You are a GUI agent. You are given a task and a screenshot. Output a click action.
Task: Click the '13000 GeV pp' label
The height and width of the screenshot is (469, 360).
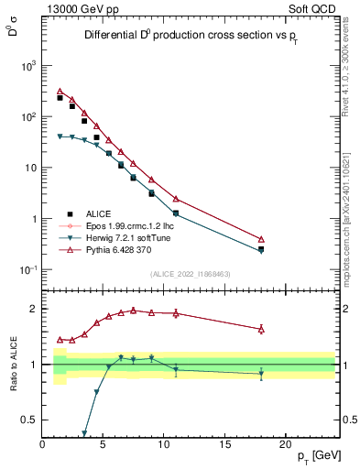(x=81, y=8)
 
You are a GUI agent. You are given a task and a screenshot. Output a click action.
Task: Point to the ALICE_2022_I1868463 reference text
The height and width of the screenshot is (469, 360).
(x=190, y=274)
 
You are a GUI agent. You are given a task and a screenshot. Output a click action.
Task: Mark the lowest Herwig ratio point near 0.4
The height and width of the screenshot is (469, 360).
(x=84, y=433)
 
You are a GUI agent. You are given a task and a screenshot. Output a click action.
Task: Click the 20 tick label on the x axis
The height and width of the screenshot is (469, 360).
(x=288, y=444)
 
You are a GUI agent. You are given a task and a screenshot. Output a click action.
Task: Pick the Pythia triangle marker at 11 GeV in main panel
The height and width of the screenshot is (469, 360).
(x=176, y=199)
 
